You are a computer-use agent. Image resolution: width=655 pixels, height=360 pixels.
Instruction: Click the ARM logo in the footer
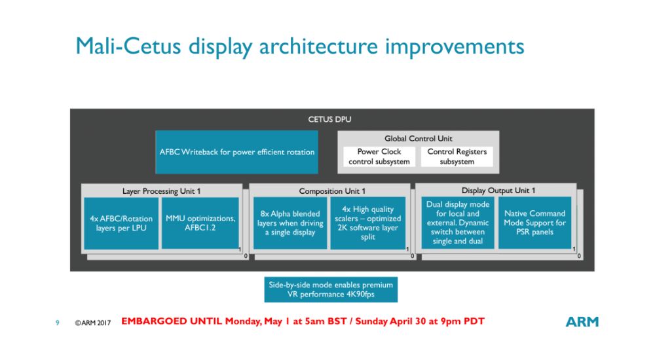coord(582,321)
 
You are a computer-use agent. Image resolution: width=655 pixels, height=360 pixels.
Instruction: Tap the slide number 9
coord(57,323)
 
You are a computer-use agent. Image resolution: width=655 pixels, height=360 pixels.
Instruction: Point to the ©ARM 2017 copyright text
coord(93,323)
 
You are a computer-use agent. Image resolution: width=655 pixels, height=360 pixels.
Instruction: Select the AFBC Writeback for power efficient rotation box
coord(236,152)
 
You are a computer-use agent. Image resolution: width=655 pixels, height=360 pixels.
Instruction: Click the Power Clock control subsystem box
coord(379,156)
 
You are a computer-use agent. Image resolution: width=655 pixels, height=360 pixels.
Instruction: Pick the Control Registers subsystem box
coord(457,156)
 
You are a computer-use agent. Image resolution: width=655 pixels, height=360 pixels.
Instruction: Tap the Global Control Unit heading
coord(418,138)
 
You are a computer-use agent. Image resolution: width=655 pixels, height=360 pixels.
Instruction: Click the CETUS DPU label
coord(329,119)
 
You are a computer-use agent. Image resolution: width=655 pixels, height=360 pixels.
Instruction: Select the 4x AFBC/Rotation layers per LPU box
coord(121,223)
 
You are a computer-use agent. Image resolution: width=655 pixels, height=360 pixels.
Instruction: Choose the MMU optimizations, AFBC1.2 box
coord(200,223)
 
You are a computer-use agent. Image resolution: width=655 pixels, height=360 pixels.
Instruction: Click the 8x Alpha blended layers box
coord(290,223)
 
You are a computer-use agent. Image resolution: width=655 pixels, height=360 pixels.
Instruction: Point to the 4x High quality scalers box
coord(367,223)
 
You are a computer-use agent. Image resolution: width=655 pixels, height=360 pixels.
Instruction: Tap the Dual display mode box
coord(457,223)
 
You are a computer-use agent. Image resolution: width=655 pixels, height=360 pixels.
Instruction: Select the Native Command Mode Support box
coord(534,223)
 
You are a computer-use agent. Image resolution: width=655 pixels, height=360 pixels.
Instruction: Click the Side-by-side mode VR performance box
coord(331,289)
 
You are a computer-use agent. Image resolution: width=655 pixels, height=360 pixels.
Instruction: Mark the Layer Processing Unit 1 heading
coord(161,191)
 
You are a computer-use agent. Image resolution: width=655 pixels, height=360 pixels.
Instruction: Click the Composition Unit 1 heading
coord(332,191)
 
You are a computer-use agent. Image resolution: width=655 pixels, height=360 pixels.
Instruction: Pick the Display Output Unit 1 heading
coord(498,190)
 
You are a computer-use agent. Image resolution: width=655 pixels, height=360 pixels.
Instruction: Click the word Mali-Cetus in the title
coord(128,46)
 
